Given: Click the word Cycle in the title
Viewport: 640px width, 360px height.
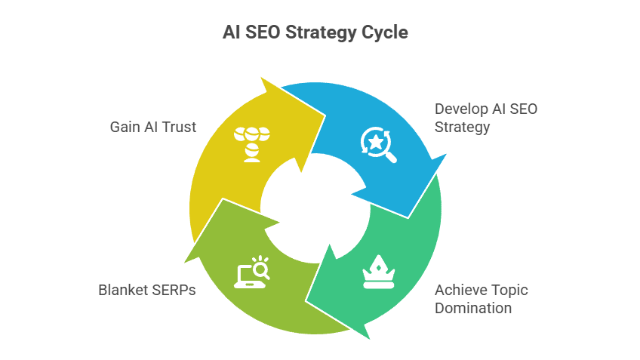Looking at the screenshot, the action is (384, 32).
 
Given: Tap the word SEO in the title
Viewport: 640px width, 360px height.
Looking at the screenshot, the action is (263, 32).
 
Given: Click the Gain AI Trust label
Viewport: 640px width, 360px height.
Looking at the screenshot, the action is (153, 127).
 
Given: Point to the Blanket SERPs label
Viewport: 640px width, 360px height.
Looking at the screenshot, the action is (147, 290).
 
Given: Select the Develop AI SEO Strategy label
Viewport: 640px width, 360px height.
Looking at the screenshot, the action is (486, 118).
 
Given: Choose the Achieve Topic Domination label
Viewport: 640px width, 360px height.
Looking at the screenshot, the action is (482, 299).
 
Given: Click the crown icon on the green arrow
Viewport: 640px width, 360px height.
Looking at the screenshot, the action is (379, 272).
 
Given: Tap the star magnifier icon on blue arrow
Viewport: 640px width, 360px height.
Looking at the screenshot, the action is (378, 145).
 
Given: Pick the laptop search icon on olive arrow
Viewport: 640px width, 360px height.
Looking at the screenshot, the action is (252, 272).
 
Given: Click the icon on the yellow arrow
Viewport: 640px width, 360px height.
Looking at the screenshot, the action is (252, 144).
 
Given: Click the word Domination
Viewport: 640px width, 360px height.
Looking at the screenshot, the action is (473, 308).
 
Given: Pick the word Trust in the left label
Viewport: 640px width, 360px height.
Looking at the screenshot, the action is (179, 127).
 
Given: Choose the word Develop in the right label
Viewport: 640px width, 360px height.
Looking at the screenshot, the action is (461, 109).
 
